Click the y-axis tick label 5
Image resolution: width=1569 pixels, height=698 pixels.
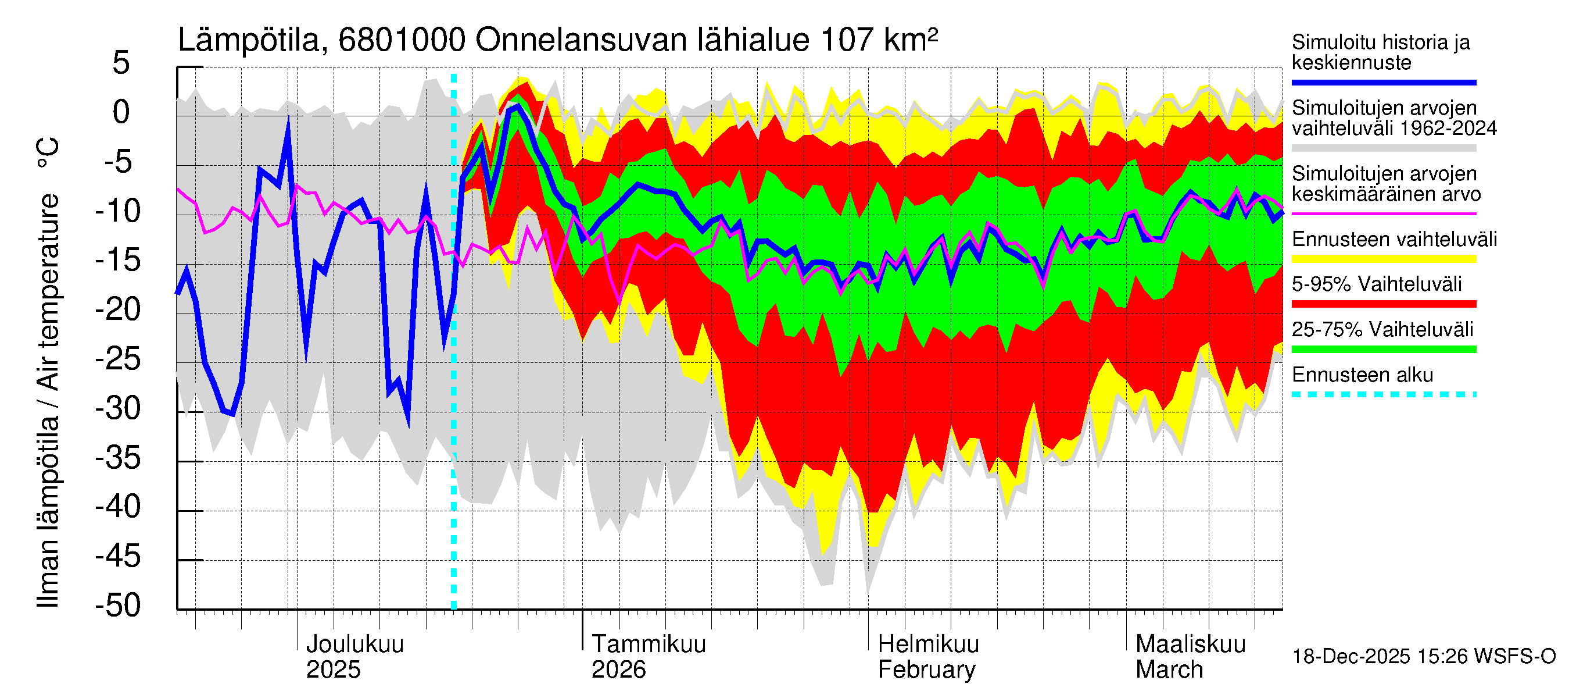pos(121,63)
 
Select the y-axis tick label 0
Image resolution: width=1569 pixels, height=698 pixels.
pos(121,112)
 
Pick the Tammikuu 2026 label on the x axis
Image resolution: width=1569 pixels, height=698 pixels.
pos(648,657)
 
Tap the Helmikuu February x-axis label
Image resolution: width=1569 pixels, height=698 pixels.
pos(927,657)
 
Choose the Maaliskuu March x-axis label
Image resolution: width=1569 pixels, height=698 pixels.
pos(1190,657)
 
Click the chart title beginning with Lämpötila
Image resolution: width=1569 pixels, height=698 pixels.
pos(557,40)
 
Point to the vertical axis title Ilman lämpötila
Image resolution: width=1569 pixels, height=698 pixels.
pos(48,372)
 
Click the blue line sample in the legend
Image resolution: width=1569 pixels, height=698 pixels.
pos(1383,82)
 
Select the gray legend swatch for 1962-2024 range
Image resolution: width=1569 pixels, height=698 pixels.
pos(1383,148)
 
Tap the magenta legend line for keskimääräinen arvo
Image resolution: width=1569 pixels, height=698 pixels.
pos(1383,214)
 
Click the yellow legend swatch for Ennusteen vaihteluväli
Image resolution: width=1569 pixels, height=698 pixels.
pos(1383,259)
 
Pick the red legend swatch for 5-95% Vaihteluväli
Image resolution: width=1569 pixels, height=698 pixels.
pos(1383,304)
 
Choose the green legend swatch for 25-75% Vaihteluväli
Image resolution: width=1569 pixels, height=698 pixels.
pos(1383,350)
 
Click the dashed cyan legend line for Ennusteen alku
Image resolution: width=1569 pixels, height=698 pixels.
pos(1383,394)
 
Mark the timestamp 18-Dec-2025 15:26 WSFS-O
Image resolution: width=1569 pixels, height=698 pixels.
pos(1423,657)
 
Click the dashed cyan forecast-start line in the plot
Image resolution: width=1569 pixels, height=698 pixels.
pos(454,366)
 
